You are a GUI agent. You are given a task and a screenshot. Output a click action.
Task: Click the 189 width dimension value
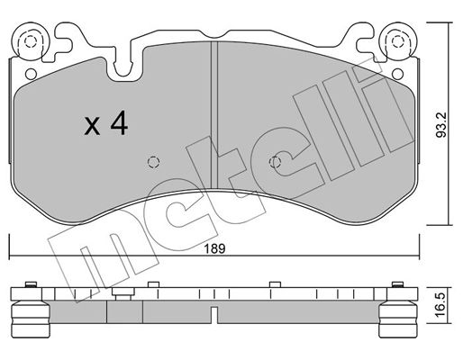(x=214, y=248)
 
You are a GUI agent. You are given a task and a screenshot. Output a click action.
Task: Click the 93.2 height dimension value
(x=441, y=125)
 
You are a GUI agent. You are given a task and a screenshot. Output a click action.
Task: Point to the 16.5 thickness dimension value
(x=441, y=305)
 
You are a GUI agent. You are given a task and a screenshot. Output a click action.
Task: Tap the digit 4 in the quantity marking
(x=119, y=123)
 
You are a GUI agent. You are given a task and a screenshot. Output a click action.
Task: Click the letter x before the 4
(x=92, y=126)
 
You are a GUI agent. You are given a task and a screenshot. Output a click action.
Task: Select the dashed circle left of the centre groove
(x=153, y=162)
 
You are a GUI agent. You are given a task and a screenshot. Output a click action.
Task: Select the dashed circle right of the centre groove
(x=275, y=162)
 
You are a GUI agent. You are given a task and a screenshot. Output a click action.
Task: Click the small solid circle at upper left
(x=31, y=74)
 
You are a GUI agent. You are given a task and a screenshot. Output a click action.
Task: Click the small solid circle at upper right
(x=397, y=74)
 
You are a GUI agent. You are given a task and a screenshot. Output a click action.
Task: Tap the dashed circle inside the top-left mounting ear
(x=30, y=41)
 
